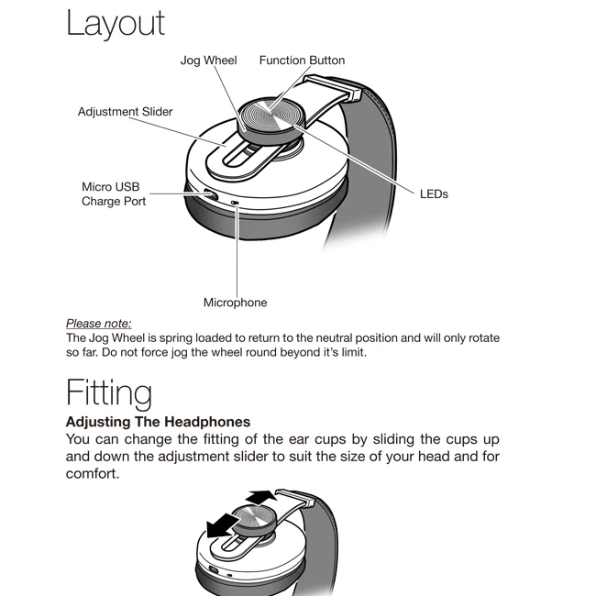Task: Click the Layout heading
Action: tap(116, 24)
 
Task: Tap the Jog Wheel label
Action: tap(208, 61)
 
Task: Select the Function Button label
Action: tap(302, 61)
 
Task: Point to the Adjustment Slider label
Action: tap(125, 112)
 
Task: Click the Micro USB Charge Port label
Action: tap(114, 194)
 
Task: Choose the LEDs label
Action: tap(434, 194)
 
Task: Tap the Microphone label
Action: tap(235, 303)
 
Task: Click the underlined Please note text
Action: tap(98, 323)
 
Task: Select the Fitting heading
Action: tap(108, 392)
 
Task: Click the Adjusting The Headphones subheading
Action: tap(158, 422)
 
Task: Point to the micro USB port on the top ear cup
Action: tap(210, 194)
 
